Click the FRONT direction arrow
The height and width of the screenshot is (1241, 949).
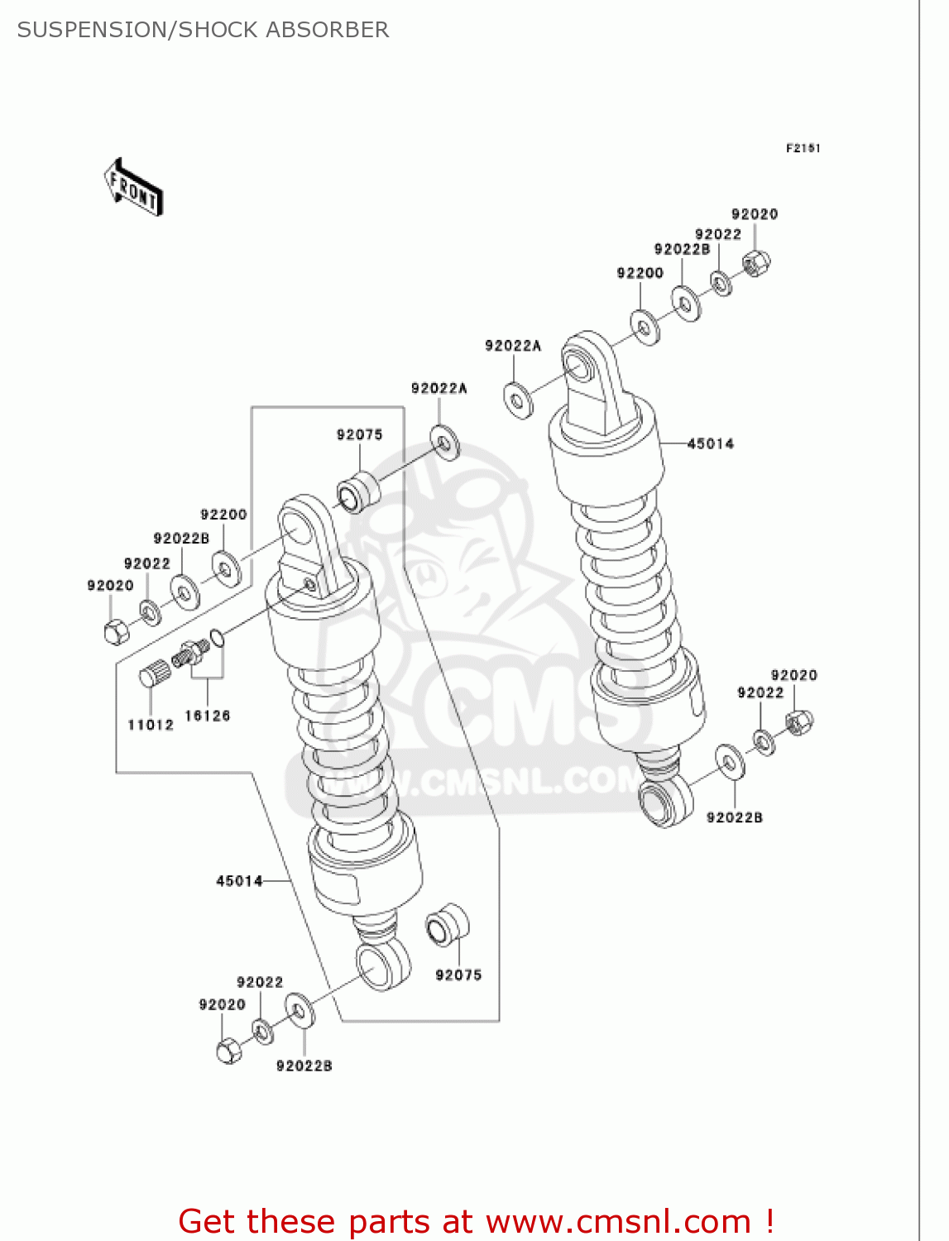pyautogui.click(x=133, y=188)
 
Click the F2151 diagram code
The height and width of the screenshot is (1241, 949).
pyautogui.click(x=803, y=148)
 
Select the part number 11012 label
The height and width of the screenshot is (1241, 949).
pyautogui.click(x=151, y=725)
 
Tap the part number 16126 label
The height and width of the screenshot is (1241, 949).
pyautogui.click(x=207, y=716)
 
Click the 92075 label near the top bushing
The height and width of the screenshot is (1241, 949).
pyautogui.click(x=359, y=434)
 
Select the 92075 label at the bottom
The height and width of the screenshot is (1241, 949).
pyautogui.click(x=458, y=975)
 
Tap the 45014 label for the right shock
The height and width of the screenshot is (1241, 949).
pyautogui.click(x=710, y=443)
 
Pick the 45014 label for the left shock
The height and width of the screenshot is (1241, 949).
pyautogui.click(x=239, y=881)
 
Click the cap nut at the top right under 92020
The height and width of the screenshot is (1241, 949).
pyautogui.click(x=756, y=263)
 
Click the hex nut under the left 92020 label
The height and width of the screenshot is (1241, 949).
pyautogui.click(x=116, y=631)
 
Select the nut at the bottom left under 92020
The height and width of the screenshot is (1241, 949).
pyautogui.click(x=228, y=1051)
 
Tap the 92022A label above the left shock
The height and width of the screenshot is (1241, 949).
pyautogui.click(x=439, y=388)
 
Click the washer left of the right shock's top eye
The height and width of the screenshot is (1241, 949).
pyautogui.click(x=519, y=400)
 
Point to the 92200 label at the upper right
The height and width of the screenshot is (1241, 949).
pyautogui.click(x=640, y=273)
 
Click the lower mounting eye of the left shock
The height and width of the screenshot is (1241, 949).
pyautogui.click(x=383, y=965)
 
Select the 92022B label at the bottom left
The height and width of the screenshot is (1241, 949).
pyautogui.click(x=304, y=1066)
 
